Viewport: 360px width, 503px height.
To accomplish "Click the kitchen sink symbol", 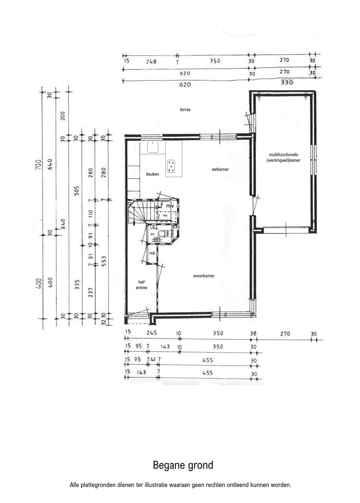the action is [153, 147].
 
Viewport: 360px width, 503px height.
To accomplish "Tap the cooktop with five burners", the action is [171, 166].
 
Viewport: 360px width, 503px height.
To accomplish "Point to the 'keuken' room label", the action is [153, 174].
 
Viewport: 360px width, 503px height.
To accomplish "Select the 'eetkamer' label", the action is [220, 169].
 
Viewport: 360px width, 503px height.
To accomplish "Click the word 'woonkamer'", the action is [204, 276].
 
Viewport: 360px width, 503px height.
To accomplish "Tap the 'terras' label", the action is [185, 110].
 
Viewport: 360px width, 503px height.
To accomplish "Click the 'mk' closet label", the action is [152, 253].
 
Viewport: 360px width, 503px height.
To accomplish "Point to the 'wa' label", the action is [165, 215].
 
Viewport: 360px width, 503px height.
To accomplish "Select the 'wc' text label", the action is [153, 234].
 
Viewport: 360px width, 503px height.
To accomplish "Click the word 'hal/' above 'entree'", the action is [142, 282].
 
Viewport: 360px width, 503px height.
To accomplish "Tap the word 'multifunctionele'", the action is [283, 154].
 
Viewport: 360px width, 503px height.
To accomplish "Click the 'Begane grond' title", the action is [183, 465].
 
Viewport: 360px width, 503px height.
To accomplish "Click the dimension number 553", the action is [103, 261].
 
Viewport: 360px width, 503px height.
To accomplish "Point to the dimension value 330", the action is [287, 82].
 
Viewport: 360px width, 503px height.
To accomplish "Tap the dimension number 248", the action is [151, 61].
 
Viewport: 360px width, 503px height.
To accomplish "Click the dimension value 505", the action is [77, 190].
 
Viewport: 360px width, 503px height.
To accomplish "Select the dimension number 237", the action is [91, 292].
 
